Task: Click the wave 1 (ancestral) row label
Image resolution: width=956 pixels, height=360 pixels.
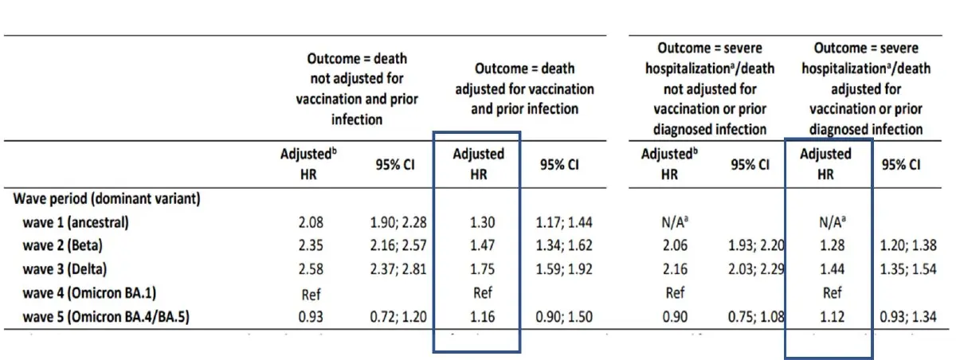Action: [x=76, y=223]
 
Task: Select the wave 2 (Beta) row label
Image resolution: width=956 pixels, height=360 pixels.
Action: [x=62, y=245]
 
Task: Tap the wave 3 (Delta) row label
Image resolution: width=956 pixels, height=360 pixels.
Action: [x=65, y=269]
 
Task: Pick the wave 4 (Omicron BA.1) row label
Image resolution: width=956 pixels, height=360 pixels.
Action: [x=89, y=293]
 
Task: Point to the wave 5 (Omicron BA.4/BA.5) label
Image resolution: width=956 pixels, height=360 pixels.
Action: [x=106, y=317]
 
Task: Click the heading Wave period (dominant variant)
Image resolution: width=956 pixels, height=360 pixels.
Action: [x=107, y=199]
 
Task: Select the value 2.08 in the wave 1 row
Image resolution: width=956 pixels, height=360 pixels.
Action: [x=311, y=223]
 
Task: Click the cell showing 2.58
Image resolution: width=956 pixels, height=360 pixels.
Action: [x=311, y=269]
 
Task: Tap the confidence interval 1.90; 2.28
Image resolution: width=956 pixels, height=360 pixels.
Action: [x=398, y=223]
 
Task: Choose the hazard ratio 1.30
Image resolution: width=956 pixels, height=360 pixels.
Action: [x=482, y=223]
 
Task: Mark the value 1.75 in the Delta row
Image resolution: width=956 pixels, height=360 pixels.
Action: [x=482, y=269]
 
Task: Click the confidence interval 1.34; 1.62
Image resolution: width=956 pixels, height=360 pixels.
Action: [x=564, y=245]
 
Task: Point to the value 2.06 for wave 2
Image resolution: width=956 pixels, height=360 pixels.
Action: [x=676, y=245]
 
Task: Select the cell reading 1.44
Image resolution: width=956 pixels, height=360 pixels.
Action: [x=833, y=269]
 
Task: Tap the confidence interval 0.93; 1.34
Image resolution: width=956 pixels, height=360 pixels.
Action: [x=908, y=317]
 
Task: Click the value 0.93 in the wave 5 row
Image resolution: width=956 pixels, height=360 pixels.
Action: [x=311, y=317]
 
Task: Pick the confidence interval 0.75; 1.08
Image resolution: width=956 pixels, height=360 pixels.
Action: [x=756, y=317]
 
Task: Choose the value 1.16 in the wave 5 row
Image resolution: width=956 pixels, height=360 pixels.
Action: [x=482, y=317]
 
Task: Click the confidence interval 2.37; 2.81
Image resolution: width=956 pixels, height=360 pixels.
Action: [x=398, y=269]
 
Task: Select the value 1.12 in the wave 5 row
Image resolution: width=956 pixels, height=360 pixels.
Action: [x=833, y=317]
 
